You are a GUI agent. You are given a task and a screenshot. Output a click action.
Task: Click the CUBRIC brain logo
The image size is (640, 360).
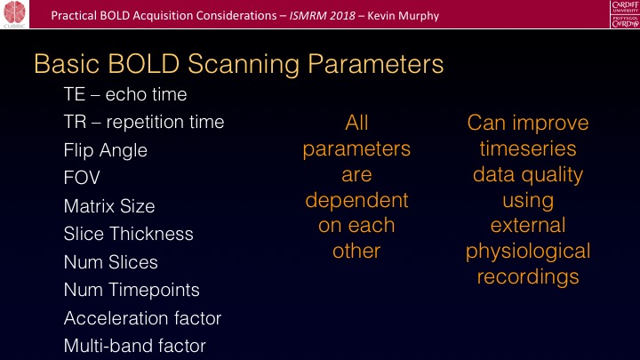[x=15, y=14]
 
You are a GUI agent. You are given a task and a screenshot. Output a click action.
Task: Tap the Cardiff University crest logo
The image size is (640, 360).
[x=625, y=14]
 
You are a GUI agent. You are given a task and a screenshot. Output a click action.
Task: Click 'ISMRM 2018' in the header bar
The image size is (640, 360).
[x=323, y=16]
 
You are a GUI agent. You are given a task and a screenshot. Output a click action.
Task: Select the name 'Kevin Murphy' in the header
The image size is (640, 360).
[x=404, y=16]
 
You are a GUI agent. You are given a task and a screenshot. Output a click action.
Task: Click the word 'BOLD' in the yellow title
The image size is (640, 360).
[x=144, y=64]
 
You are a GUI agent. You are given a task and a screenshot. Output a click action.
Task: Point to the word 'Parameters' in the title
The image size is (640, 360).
[x=375, y=64]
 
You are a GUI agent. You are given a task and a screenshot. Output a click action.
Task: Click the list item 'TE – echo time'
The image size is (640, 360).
[x=125, y=94]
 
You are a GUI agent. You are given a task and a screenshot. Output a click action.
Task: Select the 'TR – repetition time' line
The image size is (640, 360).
[x=144, y=122]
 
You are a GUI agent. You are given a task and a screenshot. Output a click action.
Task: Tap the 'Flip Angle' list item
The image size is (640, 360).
[x=105, y=150]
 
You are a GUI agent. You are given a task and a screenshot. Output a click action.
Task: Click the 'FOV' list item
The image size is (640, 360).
[x=82, y=178]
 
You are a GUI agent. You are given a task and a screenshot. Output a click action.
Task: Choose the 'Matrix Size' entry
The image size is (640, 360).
[x=109, y=205]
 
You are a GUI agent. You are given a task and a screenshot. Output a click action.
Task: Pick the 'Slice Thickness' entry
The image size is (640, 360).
[x=128, y=234]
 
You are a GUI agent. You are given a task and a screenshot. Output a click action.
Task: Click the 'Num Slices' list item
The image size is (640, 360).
[x=110, y=262]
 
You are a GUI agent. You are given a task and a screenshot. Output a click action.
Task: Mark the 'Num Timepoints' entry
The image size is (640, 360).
[x=132, y=290]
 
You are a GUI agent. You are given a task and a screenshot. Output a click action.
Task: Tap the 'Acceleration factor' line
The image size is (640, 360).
[x=142, y=318]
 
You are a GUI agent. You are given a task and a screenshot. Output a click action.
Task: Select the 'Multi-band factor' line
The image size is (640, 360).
[x=135, y=346]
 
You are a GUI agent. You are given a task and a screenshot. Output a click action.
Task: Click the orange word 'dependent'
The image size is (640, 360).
[x=356, y=200]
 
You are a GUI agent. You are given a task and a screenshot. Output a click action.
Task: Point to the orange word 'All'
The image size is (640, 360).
[x=356, y=123]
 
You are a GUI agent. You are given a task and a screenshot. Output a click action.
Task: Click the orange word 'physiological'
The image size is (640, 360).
[x=528, y=252]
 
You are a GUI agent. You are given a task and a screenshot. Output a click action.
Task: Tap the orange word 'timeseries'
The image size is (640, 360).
[x=528, y=148]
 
